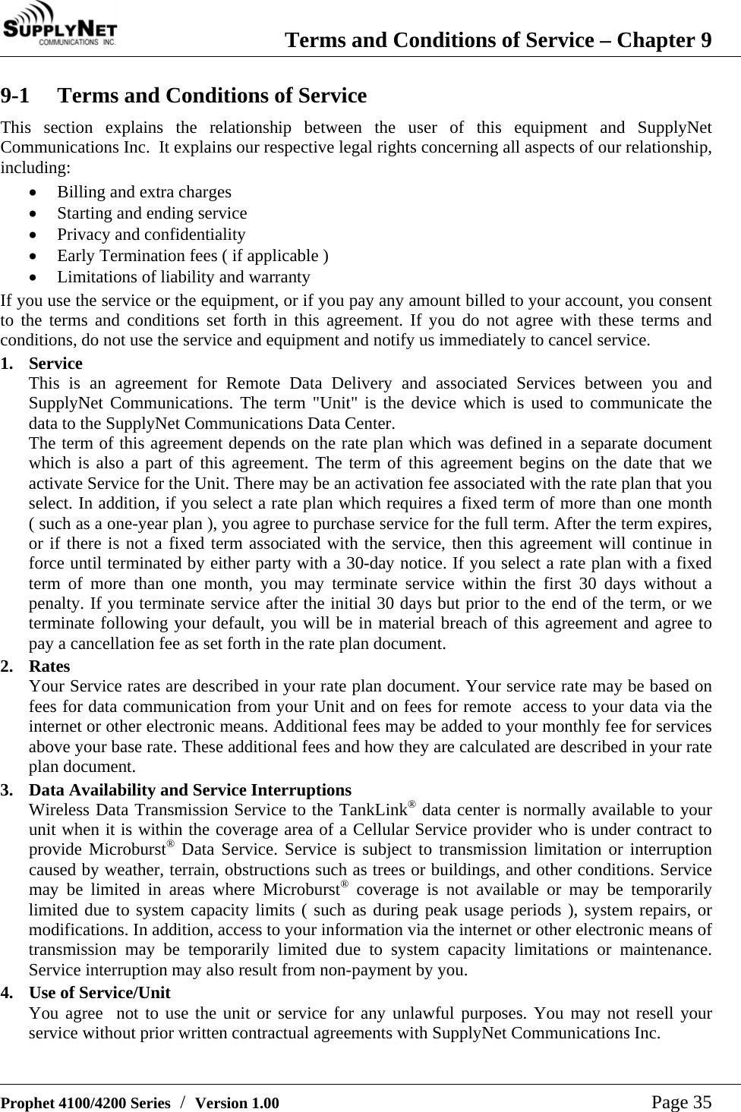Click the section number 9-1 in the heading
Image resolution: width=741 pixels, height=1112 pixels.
click(16, 96)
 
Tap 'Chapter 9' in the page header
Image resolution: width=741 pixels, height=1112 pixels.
click(664, 39)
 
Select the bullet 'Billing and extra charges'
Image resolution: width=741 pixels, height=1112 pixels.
click(144, 192)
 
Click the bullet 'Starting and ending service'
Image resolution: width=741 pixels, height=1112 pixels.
click(152, 213)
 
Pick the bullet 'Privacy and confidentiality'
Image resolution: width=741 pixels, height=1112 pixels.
click(151, 235)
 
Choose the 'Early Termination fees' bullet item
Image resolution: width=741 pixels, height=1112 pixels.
click(193, 256)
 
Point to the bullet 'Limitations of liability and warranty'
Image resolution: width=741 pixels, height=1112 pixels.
click(184, 277)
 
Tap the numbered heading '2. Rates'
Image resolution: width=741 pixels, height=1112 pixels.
click(49, 666)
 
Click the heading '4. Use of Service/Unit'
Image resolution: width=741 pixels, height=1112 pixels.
click(99, 993)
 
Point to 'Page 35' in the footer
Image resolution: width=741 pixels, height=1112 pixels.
click(681, 1101)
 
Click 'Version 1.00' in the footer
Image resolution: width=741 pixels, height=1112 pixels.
click(237, 1103)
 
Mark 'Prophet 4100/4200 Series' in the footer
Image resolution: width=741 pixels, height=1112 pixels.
click(85, 1103)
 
